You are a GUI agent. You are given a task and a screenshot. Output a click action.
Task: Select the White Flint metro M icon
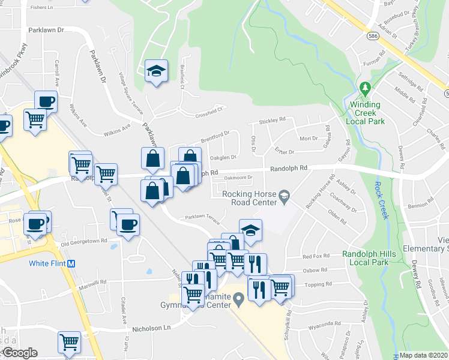[x=71, y=263]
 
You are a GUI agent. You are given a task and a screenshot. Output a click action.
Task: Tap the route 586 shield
[x=373, y=37]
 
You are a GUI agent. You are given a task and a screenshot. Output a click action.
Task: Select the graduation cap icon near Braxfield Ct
[x=156, y=71]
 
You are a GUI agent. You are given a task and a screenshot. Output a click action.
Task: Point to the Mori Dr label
[x=309, y=139]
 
